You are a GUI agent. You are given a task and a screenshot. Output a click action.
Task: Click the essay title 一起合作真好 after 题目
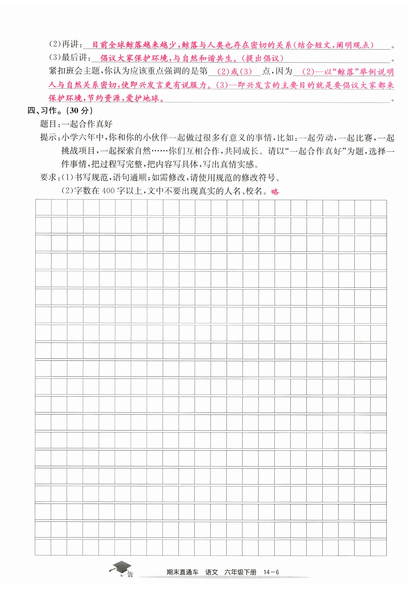[87, 124]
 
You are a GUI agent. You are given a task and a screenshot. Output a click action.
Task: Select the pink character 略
[275, 192]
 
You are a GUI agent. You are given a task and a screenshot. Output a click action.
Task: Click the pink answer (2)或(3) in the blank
[234, 71]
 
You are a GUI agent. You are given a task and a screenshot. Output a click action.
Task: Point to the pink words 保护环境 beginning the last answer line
[65, 98]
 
